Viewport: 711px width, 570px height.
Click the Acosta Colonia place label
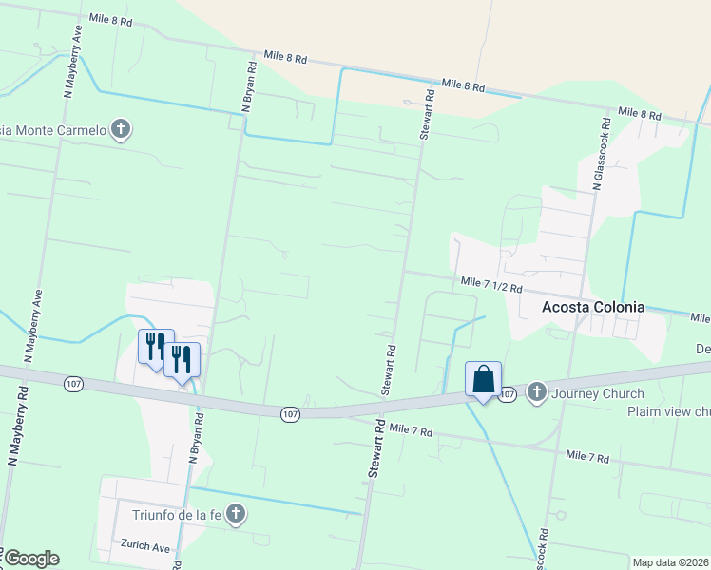pyautogui.click(x=593, y=307)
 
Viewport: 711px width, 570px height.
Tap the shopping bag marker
pyautogui.click(x=483, y=380)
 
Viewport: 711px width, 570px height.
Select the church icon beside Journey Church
pyautogui.click(x=536, y=391)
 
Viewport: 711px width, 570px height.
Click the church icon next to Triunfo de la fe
pyautogui.click(x=237, y=515)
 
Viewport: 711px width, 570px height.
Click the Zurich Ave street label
pyautogui.click(x=144, y=547)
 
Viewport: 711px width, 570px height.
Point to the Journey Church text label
pyautogui.click(x=597, y=393)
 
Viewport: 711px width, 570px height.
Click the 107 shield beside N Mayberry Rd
pyautogui.click(x=74, y=384)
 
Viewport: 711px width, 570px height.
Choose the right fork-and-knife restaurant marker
pyautogui.click(x=182, y=358)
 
